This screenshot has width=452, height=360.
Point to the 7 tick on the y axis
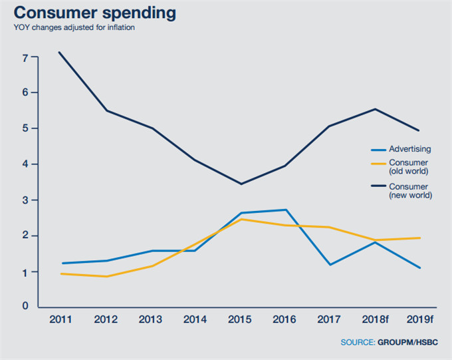pyautogui.click(x=25, y=58)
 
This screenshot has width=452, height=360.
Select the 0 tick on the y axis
pyautogui.click(x=25, y=306)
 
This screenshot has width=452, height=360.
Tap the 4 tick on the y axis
pyautogui.click(x=25, y=164)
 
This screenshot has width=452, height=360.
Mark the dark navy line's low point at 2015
pyautogui.click(x=240, y=184)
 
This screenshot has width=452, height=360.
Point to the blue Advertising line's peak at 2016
pyautogui.click(x=285, y=210)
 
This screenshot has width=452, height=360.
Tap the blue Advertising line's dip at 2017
pyautogui.click(x=330, y=265)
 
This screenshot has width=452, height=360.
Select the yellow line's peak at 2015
pyautogui.click(x=240, y=219)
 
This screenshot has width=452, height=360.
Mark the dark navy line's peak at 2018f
pyautogui.click(x=376, y=109)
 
